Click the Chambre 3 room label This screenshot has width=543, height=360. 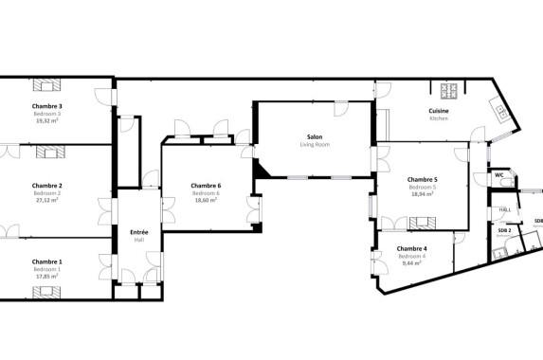47,106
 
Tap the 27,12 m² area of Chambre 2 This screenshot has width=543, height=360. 47,200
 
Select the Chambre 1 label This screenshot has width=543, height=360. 47,261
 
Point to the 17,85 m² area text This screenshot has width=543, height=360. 47,277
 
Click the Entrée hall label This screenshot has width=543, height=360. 138,232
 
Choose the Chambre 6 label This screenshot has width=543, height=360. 206,185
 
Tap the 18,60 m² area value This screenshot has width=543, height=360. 206,200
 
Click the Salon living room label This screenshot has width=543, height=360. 314,136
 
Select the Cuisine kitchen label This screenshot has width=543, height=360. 439,111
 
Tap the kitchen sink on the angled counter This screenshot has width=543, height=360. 500,110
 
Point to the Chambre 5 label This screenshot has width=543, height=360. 422,179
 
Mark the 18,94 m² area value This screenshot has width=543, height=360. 422,194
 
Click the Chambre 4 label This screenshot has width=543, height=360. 411,248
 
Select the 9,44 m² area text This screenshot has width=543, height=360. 411,263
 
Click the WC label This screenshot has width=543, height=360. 499,175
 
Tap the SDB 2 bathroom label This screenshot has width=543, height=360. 504,230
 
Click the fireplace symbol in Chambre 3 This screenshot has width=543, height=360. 48,84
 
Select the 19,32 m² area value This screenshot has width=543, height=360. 47,121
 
